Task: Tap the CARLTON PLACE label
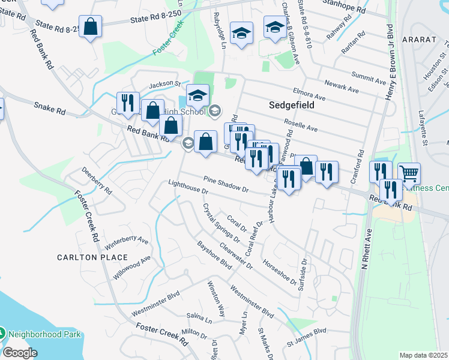point(92,257)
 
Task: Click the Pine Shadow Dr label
point(226,184)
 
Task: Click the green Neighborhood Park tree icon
point(3,332)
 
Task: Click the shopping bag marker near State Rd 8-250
point(90,26)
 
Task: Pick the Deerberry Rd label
point(97,180)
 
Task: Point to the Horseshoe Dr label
point(279,272)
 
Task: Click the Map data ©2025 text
point(423,355)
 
